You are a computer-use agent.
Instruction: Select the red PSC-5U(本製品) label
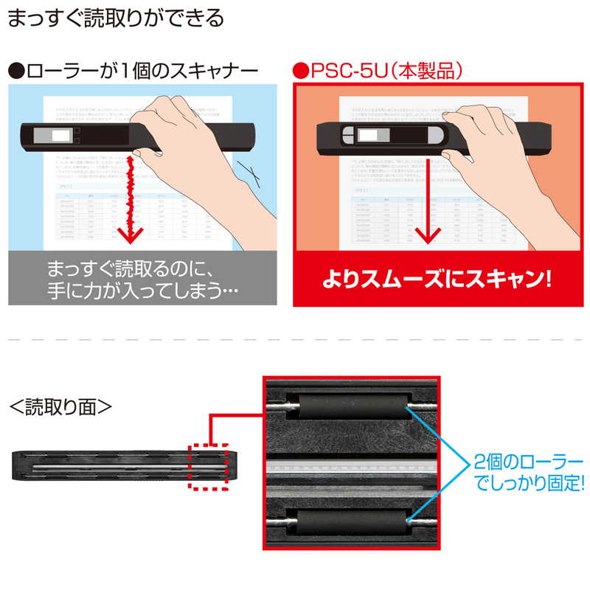pyautogui.click(x=377, y=72)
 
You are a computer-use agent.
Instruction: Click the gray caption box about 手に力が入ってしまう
pyautogui.click(x=142, y=278)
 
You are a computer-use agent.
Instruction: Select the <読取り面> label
pyautogui.click(x=59, y=406)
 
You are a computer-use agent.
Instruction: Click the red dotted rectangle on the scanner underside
pyautogui.click(x=211, y=467)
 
